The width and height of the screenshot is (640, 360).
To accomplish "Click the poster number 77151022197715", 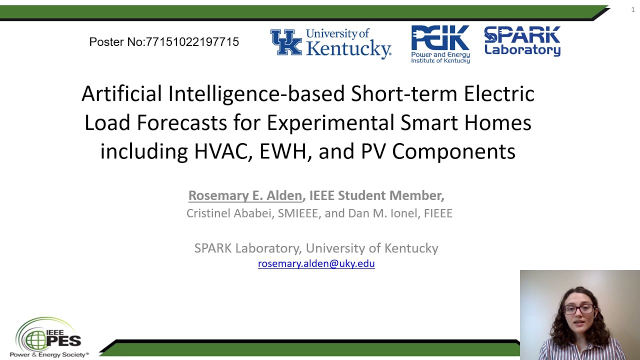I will (192, 42).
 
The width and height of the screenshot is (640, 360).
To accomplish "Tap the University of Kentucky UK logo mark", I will (286, 42).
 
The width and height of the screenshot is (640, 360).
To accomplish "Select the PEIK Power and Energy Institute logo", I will (440, 44).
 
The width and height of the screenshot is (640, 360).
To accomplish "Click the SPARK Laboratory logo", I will (522, 41).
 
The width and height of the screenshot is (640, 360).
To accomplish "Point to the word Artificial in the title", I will (121, 93).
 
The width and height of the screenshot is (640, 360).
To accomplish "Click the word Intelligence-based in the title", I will (256, 93).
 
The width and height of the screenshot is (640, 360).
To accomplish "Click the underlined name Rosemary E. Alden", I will (245, 195).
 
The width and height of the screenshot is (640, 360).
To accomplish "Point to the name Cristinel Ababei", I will (229, 213).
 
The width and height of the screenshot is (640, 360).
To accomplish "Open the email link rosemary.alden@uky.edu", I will (316, 263).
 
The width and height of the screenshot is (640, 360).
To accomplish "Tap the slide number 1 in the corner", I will (632, 9).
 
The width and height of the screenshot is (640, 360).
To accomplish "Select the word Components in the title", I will (453, 151).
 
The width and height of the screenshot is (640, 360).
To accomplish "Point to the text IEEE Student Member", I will (376, 195).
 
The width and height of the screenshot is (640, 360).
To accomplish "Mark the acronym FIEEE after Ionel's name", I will (438, 213).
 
